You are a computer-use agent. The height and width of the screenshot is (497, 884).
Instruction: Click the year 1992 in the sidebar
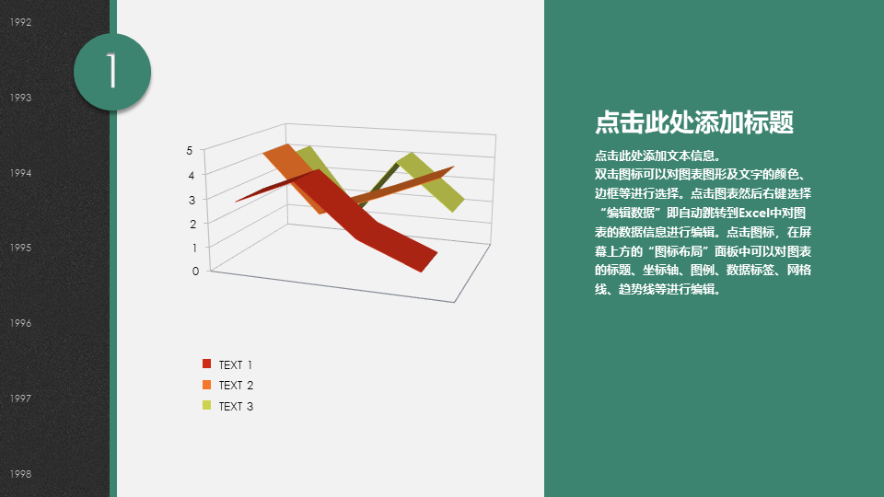point(20,22)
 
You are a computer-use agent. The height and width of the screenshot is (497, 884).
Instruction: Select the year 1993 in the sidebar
point(20,98)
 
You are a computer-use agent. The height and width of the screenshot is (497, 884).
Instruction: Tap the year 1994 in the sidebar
point(20,173)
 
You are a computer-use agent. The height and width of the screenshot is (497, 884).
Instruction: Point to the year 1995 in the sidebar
point(20,248)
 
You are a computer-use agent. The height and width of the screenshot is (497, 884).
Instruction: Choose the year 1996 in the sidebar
point(20,323)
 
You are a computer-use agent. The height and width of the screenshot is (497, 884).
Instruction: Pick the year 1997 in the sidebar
point(20,399)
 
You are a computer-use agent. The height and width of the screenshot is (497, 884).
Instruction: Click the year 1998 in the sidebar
point(20,474)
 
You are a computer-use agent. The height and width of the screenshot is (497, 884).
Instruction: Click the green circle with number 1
point(112,72)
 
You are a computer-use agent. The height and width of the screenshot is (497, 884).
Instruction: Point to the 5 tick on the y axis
point(190,151)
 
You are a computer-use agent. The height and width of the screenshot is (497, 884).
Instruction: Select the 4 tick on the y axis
point(192,175)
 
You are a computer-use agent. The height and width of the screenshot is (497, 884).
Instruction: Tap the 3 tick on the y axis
point(192,200)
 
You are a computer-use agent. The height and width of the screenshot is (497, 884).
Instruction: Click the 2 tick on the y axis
point(193,225)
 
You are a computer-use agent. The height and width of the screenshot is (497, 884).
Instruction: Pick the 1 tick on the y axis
point(194,248)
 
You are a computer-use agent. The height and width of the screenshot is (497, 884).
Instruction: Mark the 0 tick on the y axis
point(195,272)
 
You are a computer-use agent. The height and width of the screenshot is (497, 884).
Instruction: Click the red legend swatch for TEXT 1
point(207,364)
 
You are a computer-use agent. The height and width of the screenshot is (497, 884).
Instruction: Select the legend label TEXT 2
point(236,386)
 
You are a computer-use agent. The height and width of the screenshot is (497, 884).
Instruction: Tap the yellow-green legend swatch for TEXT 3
point(207,405)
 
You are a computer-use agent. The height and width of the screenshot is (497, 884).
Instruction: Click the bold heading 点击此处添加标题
point(694,122)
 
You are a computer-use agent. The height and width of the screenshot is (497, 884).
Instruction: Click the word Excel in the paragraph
point(754,213)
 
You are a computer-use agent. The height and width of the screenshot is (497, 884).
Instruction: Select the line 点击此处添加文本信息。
point(657,156)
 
